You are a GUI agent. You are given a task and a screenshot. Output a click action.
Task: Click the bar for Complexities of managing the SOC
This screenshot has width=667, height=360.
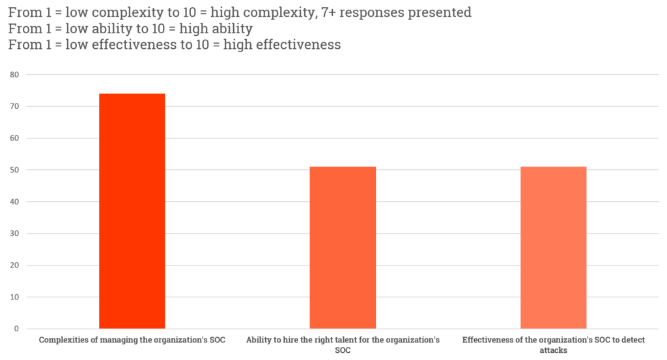point(132,211)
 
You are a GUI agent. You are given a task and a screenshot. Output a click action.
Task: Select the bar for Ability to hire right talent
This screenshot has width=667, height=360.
point(343,247)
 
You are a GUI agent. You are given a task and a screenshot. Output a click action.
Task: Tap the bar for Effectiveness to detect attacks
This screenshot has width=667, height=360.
point(554,247)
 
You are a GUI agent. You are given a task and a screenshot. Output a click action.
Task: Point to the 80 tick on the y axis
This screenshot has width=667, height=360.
point(14,75)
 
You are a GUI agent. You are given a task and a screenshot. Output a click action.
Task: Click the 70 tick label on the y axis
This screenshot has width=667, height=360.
point(14,107)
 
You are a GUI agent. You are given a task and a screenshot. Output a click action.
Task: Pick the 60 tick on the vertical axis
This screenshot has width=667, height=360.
point(14,139)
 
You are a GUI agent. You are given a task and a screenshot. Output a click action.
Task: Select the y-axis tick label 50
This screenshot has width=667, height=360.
point(14,171)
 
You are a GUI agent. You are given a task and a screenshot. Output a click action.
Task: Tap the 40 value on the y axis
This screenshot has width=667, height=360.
point(14,202)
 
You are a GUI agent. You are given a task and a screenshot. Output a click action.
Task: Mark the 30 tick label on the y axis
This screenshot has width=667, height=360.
point(14,234)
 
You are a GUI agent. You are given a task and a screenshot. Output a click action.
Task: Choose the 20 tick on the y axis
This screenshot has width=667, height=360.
point(14,266)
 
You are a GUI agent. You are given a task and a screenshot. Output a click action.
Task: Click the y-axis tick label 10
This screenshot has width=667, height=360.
point(14,298)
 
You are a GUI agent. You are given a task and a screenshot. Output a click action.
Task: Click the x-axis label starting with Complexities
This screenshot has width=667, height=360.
point(132,340)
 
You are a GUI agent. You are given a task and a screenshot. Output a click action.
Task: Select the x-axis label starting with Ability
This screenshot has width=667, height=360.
point(343,344)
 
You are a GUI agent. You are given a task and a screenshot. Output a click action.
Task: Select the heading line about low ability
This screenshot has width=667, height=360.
point(130,29)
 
